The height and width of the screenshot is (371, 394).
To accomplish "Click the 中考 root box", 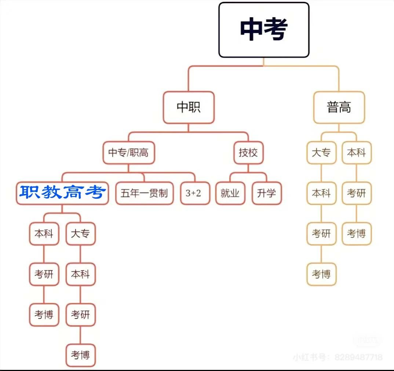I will coord(264,30).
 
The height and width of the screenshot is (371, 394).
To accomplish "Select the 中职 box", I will coord(189,107).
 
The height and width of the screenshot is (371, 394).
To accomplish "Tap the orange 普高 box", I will coord(339,107).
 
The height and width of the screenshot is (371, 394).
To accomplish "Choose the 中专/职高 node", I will coord(128,153).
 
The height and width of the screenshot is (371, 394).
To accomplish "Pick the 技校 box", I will coord(248,153).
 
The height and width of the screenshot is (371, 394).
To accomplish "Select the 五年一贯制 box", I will coord(144,193).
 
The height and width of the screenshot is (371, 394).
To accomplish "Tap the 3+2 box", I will coord(193,193).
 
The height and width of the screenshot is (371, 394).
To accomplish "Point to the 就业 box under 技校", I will coord(230,193).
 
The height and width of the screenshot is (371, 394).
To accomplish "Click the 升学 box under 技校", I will coord(267,193).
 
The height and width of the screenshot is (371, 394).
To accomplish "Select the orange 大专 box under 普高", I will coord(321,153).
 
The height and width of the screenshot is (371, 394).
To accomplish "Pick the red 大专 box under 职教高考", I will coord(80,234).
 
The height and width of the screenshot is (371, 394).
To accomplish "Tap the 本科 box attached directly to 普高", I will coord(357,153).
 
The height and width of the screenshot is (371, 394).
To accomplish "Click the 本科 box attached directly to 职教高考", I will coord(44,234).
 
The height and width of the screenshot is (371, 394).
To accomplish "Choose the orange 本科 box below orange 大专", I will coord(321,193).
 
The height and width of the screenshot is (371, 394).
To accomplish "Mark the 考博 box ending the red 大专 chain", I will coord(80,355).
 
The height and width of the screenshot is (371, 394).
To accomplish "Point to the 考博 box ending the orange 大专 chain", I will coord(321,274).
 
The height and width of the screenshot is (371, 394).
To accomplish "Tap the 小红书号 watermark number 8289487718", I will coord(358,357).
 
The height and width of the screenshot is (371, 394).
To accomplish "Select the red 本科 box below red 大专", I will coord(80,274).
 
